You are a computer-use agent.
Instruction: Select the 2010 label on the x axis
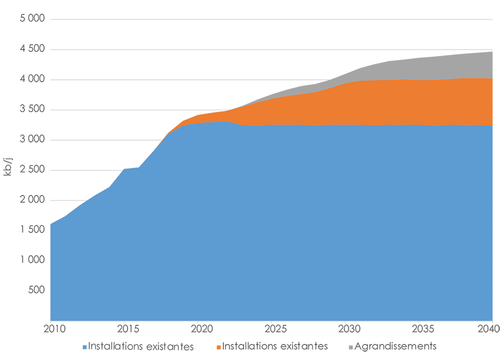pos(51,328)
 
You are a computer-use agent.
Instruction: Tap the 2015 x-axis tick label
pos(125,328)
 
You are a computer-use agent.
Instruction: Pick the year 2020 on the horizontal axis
pos(199,328)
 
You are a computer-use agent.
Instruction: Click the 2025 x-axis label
pos(273,328)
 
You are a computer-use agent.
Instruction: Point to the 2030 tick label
pos(347,328)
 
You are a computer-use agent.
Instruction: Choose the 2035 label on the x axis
pos(421,328)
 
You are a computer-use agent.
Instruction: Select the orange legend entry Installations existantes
pos(275,346)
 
